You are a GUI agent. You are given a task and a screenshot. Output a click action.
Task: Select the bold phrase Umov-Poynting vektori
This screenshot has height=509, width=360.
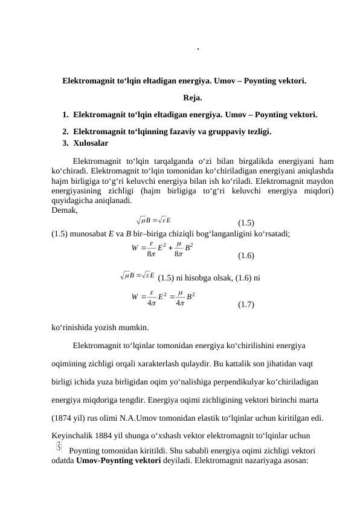[115, 459]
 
